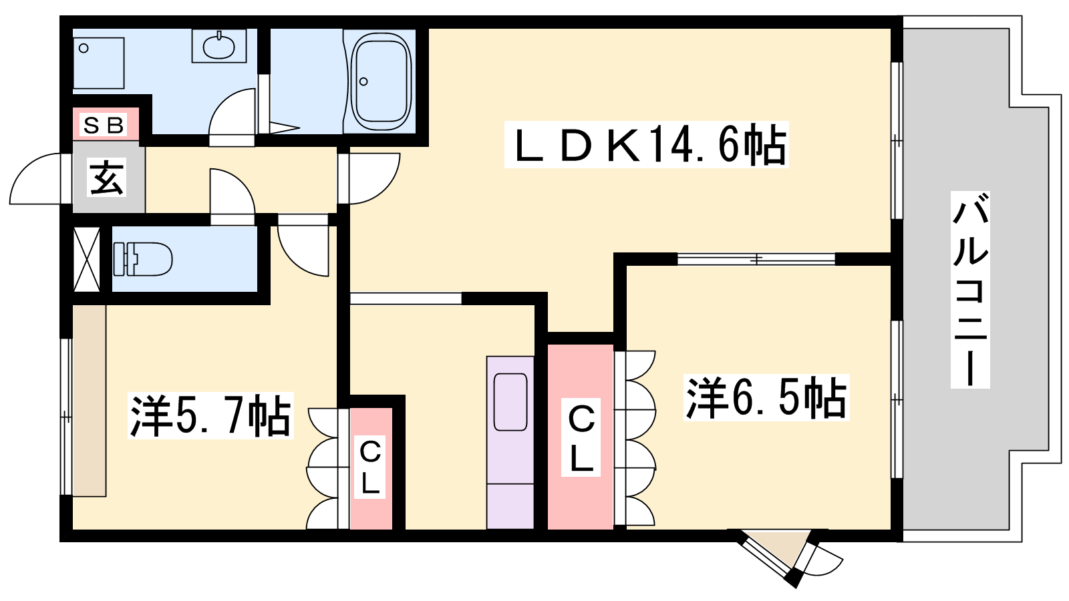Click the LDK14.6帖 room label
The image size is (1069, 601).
click(x=646, y=144)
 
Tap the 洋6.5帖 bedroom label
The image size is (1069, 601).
click(x=767, y=397)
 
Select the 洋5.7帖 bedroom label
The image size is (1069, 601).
click(x=210, y=415)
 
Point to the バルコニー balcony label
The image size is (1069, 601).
click(x=970, y=289)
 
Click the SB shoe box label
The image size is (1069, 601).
click(x=104, y=125)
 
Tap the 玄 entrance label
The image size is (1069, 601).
click(x=106, y=177)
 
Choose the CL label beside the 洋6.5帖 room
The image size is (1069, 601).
click(x=581, y=437)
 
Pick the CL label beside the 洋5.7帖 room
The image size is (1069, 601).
click(x=370, y=467)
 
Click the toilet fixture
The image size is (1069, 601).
click(x=142, y=258)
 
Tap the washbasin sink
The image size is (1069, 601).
click(x=218, y=46)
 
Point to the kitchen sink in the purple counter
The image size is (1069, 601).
click(x=510, y=402)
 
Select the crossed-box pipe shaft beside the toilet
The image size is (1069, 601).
click(x=86, y=259)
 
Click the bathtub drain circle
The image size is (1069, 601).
click(x=363, y=81)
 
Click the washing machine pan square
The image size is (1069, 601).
click(x=98, y=63)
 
